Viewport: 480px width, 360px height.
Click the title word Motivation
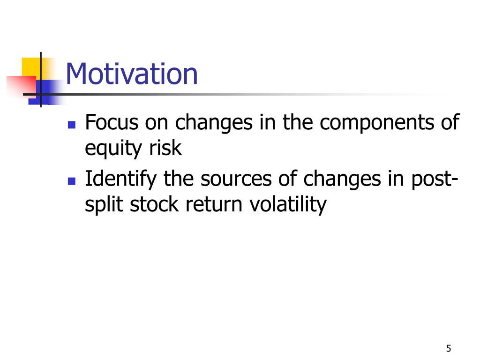pos(132,74)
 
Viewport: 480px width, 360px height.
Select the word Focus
pos(112,122)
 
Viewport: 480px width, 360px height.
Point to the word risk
pos(165,148)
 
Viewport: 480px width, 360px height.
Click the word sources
pos(236,180)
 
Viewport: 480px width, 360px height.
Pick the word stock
pos(154,204)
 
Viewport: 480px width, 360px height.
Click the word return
pos(214,205)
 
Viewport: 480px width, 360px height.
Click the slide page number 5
pos(449,348)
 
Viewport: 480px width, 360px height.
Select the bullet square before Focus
pos(72,125)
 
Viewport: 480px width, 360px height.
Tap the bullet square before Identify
pos(72,181)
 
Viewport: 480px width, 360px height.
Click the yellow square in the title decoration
pos(30,67)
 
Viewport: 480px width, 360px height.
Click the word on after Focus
pos(157,124)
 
